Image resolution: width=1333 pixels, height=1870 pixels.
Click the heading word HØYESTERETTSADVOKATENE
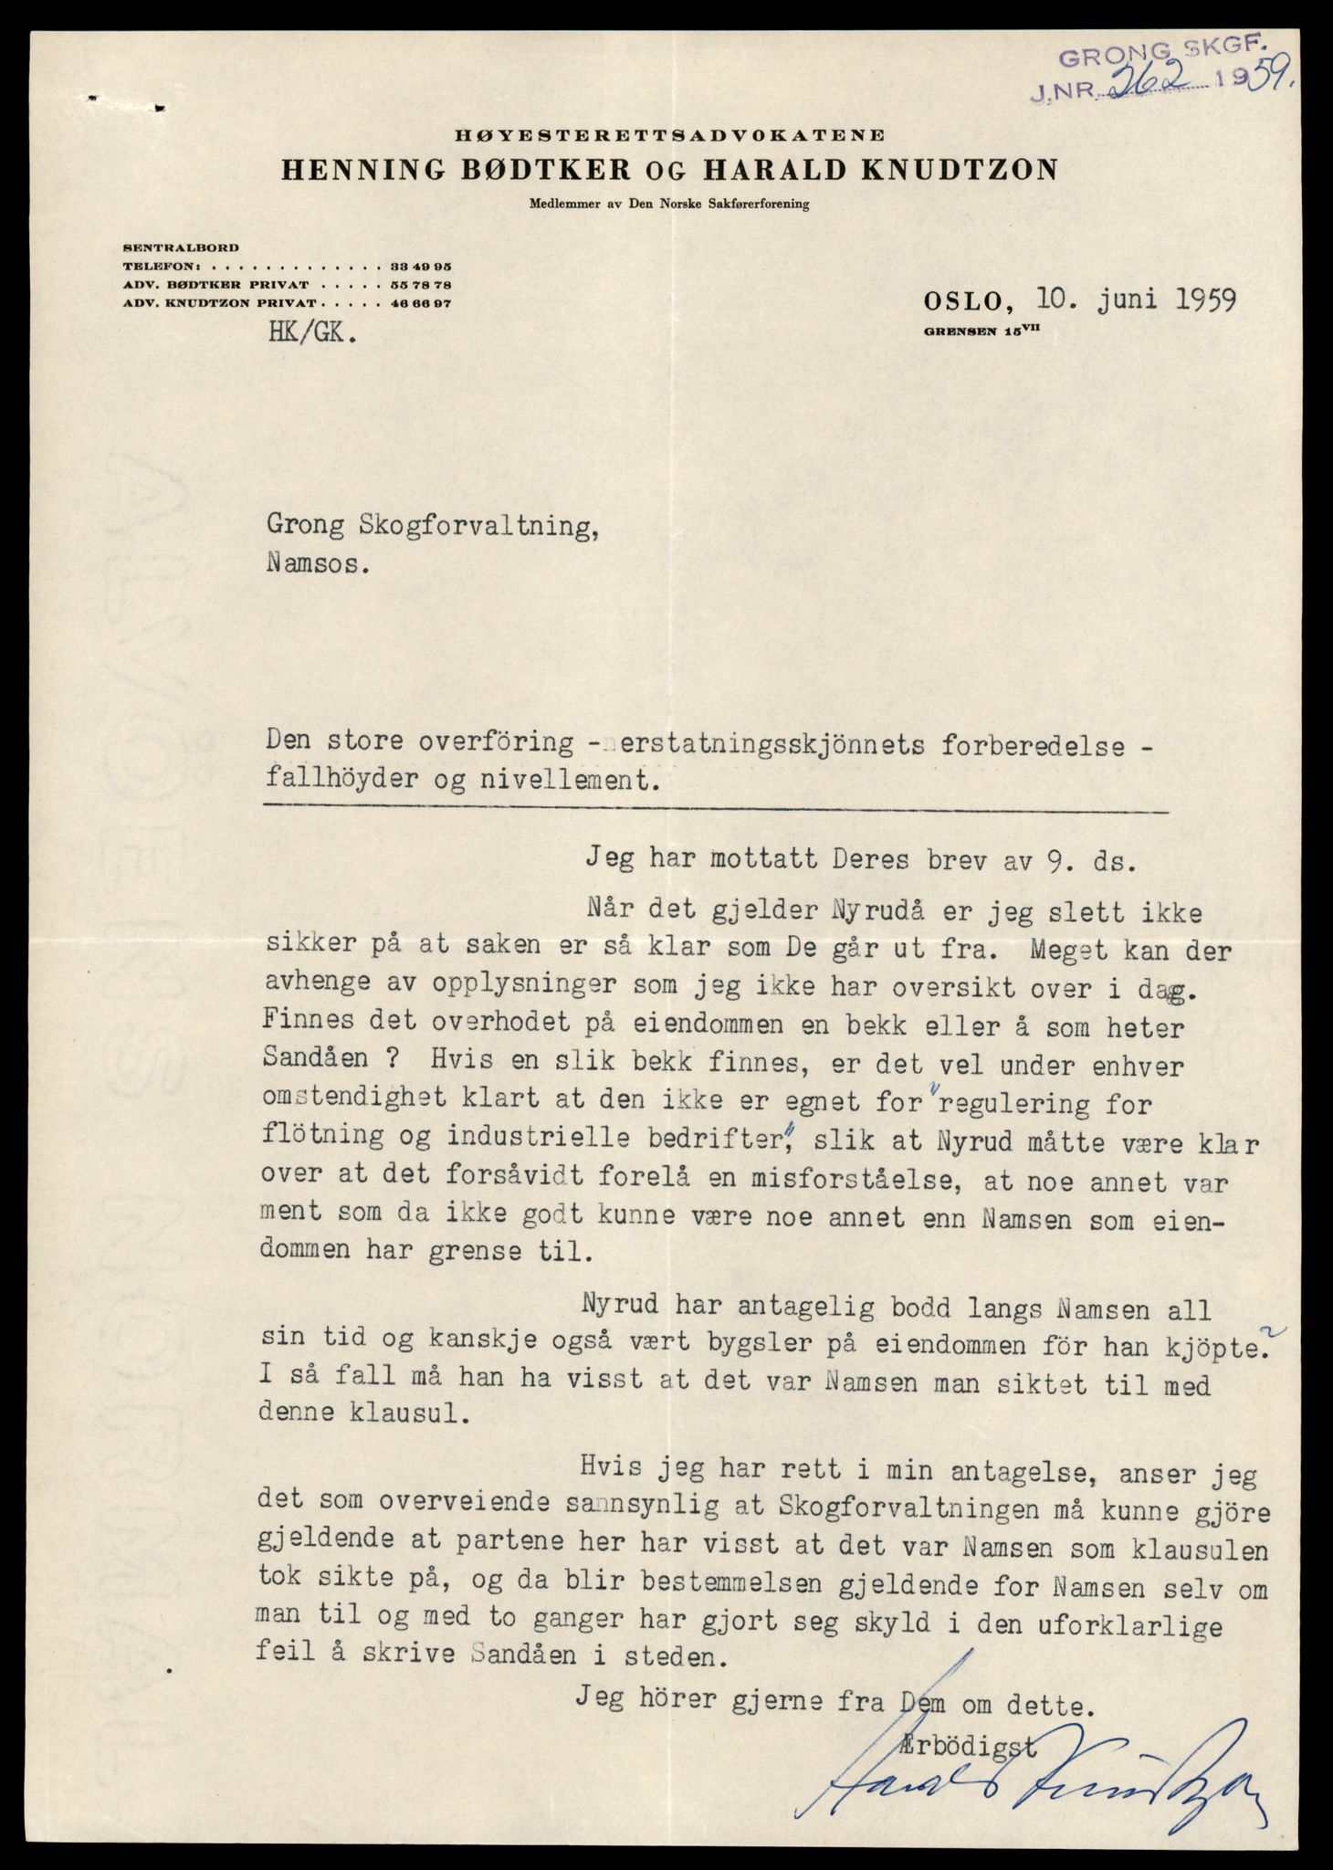tap(670, 135)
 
